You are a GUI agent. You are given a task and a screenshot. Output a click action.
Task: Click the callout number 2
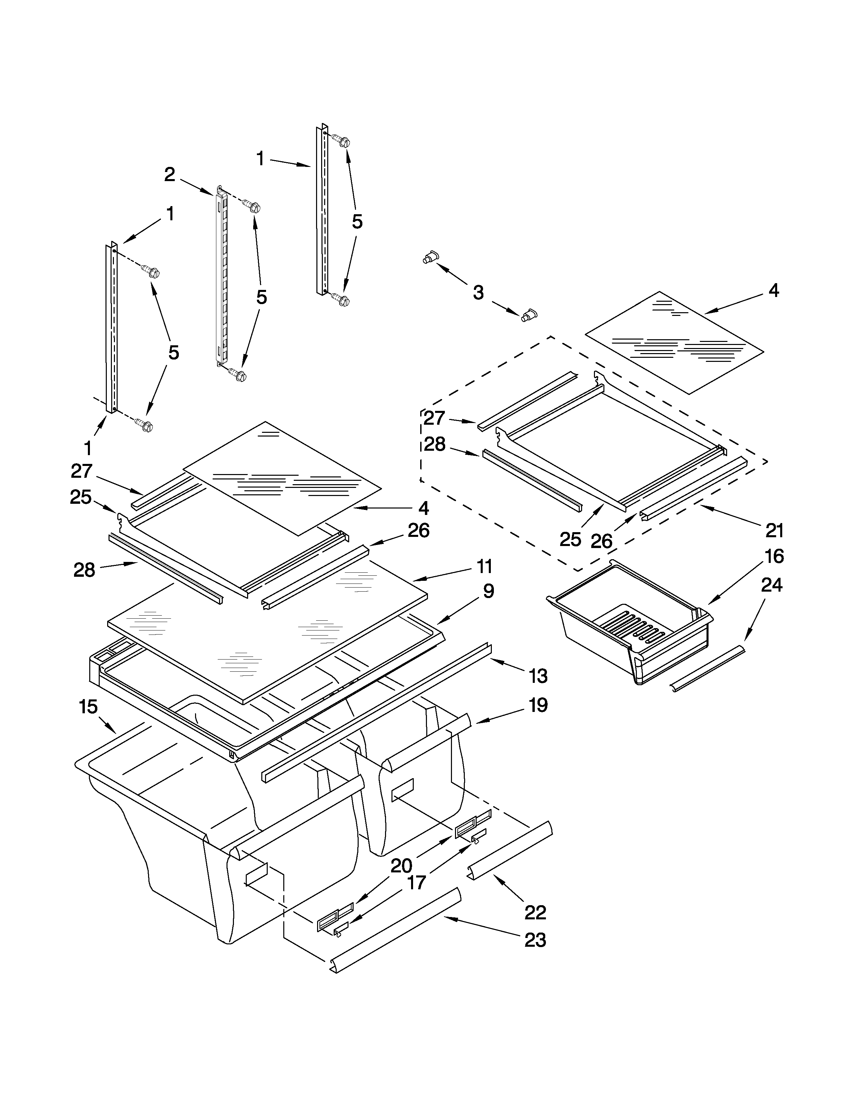tap(170, 175)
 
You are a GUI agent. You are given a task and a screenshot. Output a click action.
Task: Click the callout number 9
tap(488, 591)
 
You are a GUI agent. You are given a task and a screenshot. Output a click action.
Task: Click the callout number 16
tap(774, 556)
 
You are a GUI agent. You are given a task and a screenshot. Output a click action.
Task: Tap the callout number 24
tap(772, 585)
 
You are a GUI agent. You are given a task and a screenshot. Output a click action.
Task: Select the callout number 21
tap(774, 531)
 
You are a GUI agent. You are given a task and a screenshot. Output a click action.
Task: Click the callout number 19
tap(538, 705)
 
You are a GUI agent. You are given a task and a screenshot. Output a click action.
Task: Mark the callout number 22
tap(535, 912)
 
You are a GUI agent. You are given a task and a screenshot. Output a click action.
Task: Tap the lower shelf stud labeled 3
tap(530, 315)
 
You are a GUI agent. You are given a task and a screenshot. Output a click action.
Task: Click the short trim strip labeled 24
tap(707, 669)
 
